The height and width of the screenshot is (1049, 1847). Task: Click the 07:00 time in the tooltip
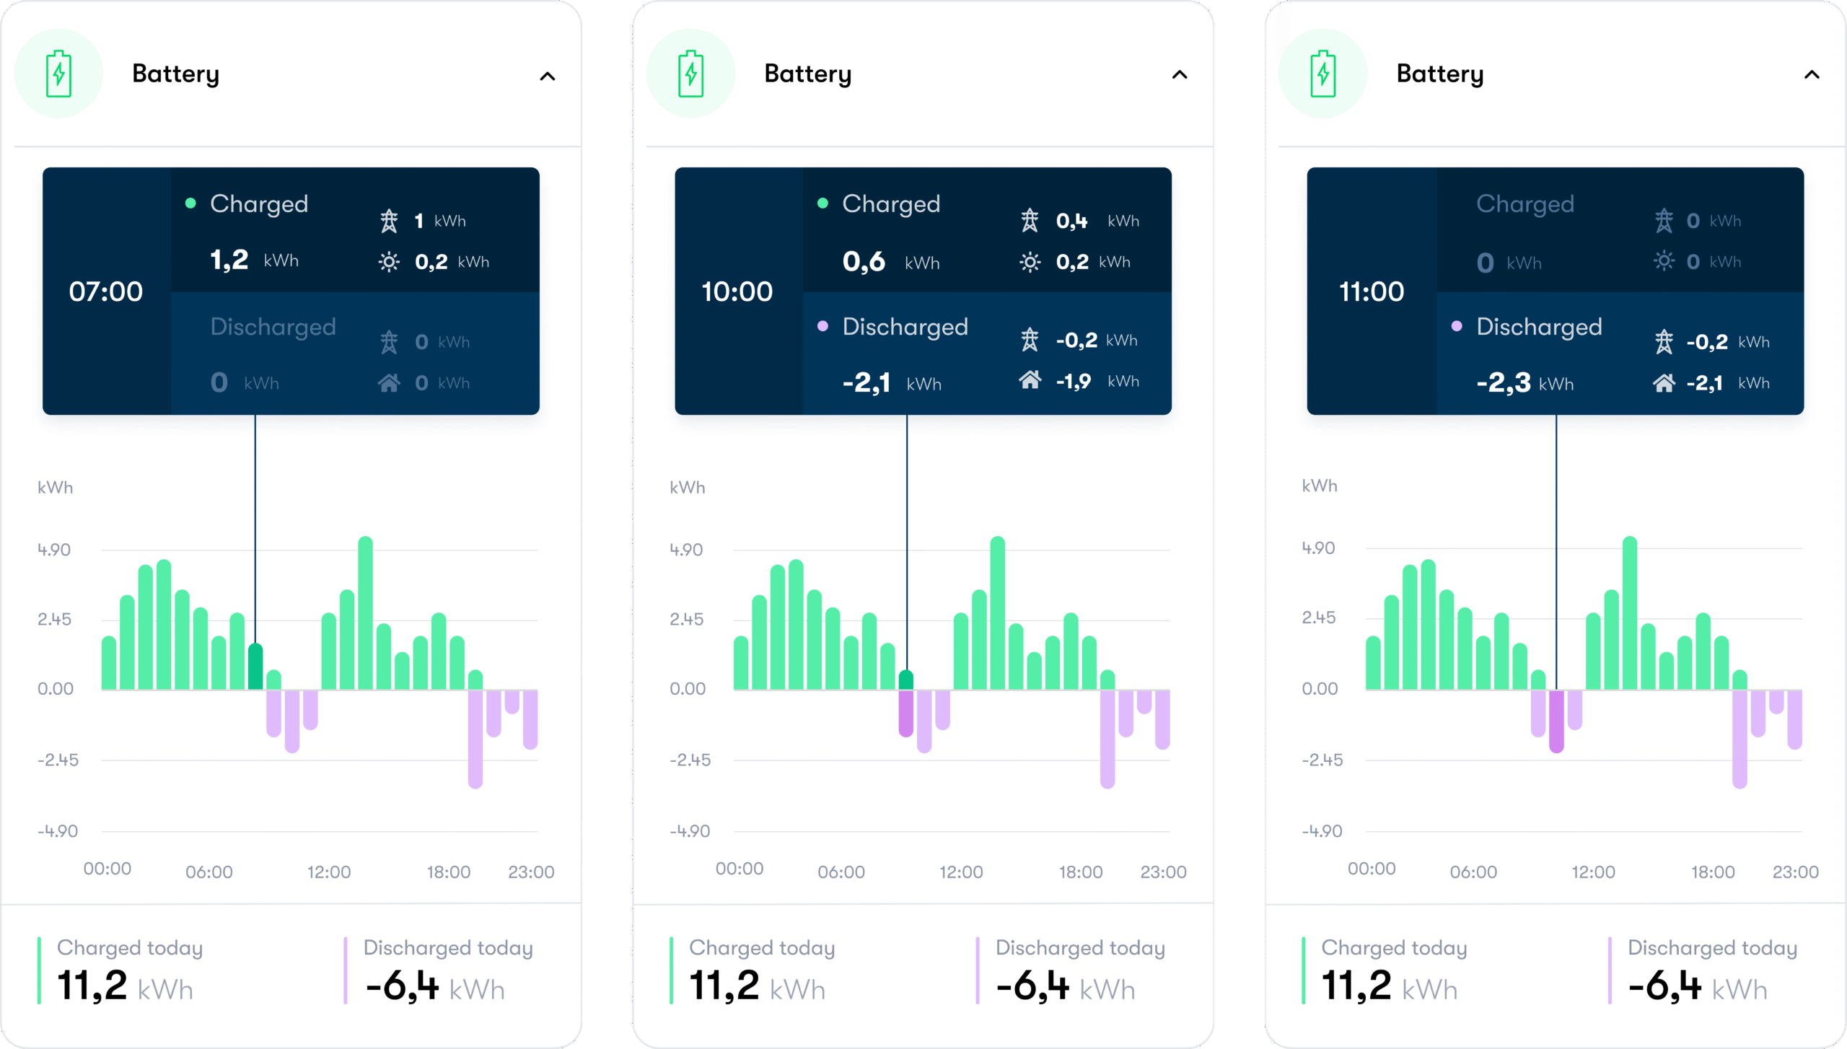[x=106, y=291]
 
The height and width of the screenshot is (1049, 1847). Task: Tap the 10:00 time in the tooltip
[x=737, y=291]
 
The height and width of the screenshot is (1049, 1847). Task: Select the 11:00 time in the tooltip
[x=1372, y=291]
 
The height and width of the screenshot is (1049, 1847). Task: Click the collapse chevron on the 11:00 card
[x=1812, y=75]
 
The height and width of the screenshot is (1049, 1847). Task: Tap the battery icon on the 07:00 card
[x=58, y=74]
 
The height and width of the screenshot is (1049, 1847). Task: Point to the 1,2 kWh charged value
[x=229, y=260]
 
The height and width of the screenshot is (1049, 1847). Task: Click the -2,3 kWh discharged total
[x=1504, y=382]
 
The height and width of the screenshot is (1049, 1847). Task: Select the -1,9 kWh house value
[x=1074, y=381]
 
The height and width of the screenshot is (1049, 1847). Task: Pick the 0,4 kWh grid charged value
[x=1072, y=221]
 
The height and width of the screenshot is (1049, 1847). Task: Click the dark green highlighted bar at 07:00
[x=255, y=667]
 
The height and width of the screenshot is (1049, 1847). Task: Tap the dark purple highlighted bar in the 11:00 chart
[x=1556, y=721]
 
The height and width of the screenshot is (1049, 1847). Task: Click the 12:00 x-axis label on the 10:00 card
[x=960, y=872]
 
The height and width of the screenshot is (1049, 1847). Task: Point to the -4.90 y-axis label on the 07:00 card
[x=58, y=831]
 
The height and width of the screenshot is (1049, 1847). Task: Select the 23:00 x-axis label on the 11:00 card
[x=1795, y=872]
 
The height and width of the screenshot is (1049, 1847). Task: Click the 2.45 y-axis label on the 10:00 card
[x=686, y=619]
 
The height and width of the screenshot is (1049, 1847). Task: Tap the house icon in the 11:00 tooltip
[x=1664, y=382]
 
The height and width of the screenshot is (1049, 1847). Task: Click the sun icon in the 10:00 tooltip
[x=1030, y=262]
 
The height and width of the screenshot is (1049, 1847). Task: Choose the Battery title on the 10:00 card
[x=807, y=74]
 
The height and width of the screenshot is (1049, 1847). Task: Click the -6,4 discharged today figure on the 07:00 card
[x=402, y=986]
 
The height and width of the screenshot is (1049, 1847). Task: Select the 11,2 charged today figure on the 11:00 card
[x=1356, y=986]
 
